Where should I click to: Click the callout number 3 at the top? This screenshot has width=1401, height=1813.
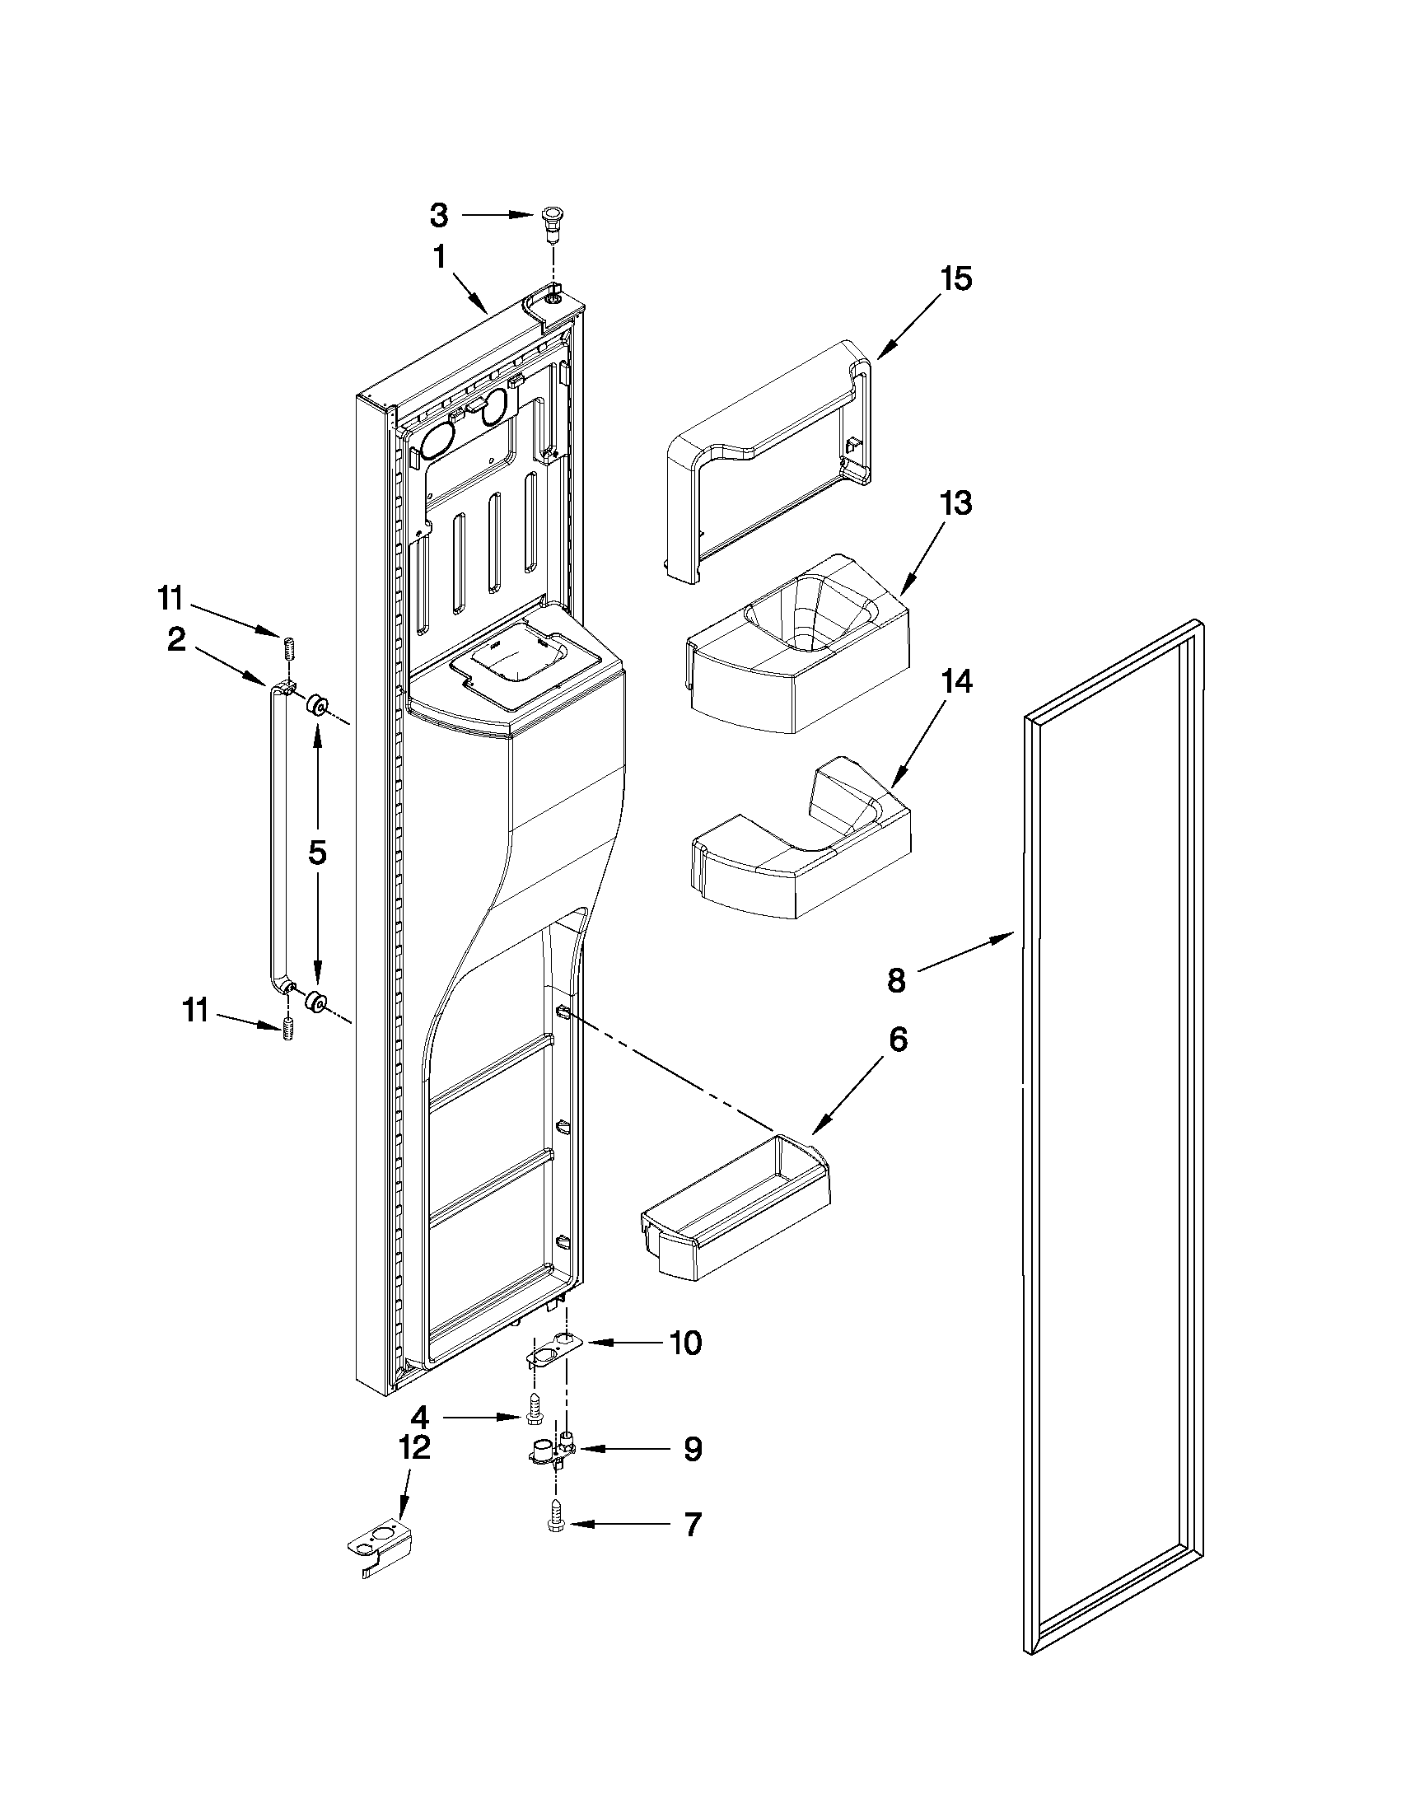click(x=439, y=217)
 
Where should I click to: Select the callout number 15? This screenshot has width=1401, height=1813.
click(x=955, y=280)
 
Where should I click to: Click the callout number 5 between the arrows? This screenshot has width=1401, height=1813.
click(x=318, y=853)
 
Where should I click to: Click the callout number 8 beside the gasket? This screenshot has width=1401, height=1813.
click(x=895, y=980)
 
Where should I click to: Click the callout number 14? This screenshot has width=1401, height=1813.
click(x=955, y=681)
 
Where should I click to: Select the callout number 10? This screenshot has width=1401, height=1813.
click(x=685, y=1343)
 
